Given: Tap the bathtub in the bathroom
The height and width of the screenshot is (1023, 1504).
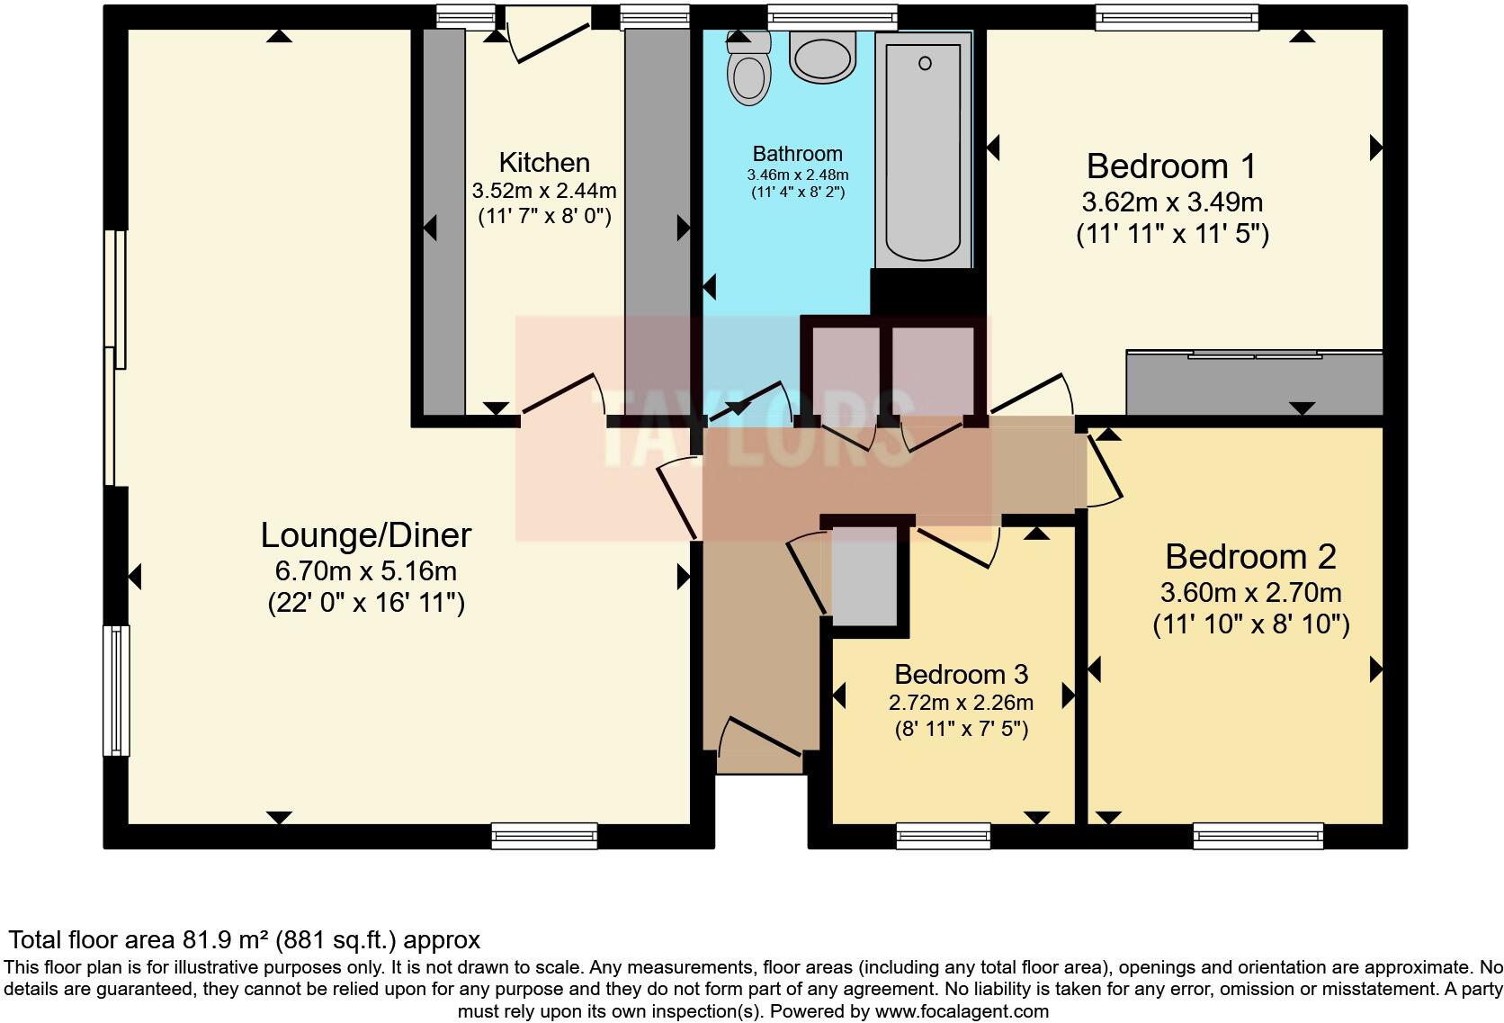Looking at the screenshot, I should tap(923, 148).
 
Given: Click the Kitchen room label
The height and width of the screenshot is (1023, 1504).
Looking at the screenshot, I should tap(544, 163).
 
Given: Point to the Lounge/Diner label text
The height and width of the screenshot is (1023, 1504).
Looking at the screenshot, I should tap(366, 535).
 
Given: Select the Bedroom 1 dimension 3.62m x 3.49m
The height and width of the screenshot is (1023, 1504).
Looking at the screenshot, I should tap(1172, 202).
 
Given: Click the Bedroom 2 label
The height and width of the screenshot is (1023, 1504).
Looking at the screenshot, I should tap(1250, 557).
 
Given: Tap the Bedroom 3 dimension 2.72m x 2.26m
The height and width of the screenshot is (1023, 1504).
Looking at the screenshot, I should tap(961, 703).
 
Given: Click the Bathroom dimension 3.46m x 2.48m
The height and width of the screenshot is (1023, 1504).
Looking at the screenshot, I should tap(797, 175).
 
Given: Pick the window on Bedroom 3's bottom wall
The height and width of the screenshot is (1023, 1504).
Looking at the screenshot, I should tap(943, 836).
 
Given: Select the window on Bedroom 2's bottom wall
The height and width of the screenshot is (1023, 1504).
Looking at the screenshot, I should tap(1258, 836).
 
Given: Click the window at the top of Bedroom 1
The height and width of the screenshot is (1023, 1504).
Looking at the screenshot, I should tap(1177, 16).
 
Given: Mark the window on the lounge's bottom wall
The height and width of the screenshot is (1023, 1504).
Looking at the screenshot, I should tap(544, 836).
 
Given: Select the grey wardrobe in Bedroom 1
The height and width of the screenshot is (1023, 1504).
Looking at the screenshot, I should tap(1254, 382).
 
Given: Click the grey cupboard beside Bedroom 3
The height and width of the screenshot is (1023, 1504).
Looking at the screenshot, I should tap(864, 573).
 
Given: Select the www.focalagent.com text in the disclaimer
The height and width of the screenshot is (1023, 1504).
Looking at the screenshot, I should tap(962, 1010).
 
